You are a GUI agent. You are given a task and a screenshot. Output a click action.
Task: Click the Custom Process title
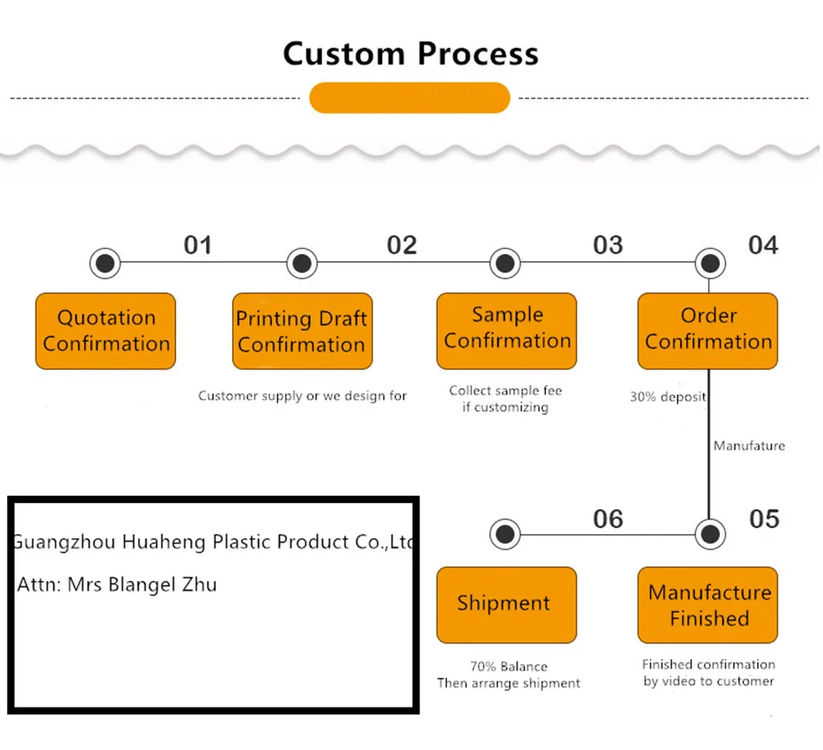411,54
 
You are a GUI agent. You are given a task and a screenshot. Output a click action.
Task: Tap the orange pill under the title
409,97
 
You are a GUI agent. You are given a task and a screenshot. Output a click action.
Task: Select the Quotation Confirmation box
106,331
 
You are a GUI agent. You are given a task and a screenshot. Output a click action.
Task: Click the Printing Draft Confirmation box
301,331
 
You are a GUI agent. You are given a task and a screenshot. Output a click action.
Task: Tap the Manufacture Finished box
708,605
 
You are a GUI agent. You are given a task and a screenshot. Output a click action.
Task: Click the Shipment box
506,604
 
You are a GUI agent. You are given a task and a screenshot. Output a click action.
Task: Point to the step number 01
198,245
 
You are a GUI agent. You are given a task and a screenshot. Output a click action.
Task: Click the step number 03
607,245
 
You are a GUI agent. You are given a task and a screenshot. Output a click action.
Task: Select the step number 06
607,519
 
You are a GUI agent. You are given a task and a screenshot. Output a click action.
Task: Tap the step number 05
763,519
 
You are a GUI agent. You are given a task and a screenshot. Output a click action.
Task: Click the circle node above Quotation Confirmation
105,263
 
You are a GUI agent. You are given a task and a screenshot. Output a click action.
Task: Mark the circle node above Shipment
505,535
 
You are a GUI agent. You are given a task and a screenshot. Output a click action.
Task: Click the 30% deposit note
667,397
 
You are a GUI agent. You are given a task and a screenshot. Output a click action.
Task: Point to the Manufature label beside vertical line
748,446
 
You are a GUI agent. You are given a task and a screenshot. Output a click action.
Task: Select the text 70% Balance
509,667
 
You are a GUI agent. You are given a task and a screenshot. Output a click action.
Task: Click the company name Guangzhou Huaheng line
213,543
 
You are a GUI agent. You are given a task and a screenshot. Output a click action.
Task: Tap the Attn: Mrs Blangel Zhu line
118,585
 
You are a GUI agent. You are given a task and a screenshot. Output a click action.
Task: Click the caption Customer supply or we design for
302,396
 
